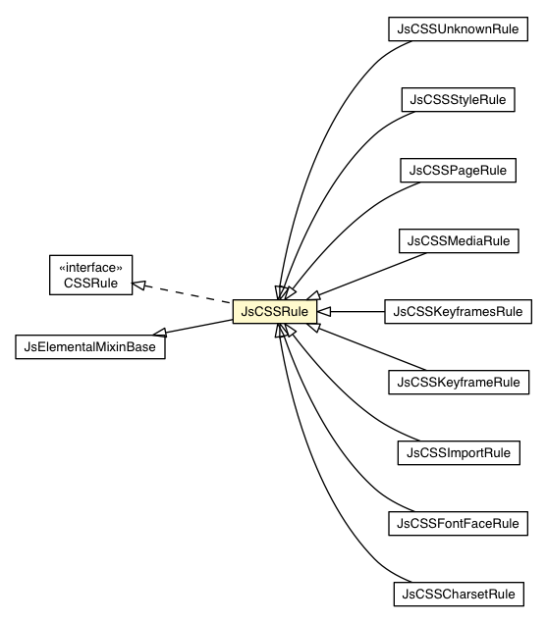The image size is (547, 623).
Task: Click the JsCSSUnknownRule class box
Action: pyautogui.click(x=458, y=28)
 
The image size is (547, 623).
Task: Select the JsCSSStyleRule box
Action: pyautogui.click(x=458, y=99)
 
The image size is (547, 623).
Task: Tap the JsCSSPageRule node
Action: pyautogui.click(x=458, y=170)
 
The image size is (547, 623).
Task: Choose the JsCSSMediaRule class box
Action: pyautogui.click(x=458, y=240)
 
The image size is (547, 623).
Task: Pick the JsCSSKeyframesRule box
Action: pyautogui.click(x=458, y=311)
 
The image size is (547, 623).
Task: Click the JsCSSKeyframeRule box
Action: pyautogui.click(x=458, y=381)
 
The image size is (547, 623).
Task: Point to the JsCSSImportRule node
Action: pyautogui.click(x=458, y=452)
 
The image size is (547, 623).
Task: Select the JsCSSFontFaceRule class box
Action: pyautogui.click(x=458, y=523)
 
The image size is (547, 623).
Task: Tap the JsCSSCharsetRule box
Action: pyautogui.click(x=458, y=594)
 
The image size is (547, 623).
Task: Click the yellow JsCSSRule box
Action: pyautogui.click(x=274, y=311)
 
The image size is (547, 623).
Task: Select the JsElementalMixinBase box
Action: pyautogui.click(x=89, y=346)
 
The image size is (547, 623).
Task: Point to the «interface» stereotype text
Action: pyautogui.click(x=89, y=266)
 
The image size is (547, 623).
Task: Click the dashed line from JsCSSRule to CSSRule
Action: pyautogui.click(x=187, y=293)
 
